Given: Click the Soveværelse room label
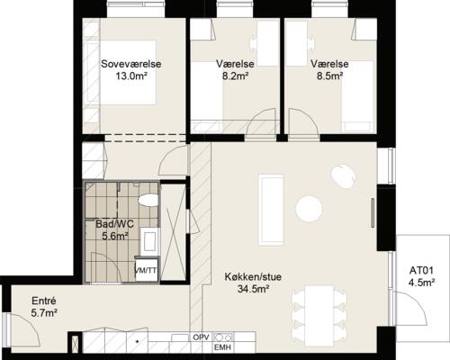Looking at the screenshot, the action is coord(131,64).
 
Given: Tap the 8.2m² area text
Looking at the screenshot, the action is coord(235,76).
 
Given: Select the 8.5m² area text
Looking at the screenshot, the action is coord(329,76).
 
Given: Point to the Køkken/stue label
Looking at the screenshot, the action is coord(253,276).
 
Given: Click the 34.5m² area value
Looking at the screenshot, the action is coord(253,289).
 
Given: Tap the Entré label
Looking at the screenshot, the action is coord(44,301).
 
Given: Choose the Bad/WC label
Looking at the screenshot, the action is coord(115,224).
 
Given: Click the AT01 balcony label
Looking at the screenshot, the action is coord(421,271).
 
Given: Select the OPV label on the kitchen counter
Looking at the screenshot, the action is coord(201,337).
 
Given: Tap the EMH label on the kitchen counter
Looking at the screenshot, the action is coord(222,347).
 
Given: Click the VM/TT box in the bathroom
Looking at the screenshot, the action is coord(147,270).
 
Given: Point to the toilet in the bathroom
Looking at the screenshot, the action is coord(148,201).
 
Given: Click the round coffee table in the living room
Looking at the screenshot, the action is coord(309,209).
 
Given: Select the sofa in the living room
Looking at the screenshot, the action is coord(272,210).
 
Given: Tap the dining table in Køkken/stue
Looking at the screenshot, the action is coord(319,315).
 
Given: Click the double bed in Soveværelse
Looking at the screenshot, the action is coord(127,72).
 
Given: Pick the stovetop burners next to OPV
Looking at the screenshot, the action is coord(223,337).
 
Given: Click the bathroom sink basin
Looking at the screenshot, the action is coord(149,241).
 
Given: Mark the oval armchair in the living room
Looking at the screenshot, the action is coord(344,176).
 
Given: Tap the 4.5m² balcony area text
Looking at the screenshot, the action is coord(421,283).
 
